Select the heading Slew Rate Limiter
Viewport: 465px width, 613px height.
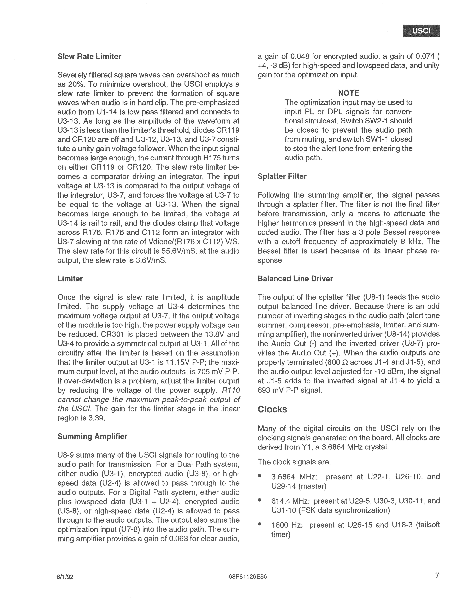(x=89, y=57)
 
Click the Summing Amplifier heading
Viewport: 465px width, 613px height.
(x=92, y=436)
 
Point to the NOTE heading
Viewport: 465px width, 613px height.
(x=348, y=93)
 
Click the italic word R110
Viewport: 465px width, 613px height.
(x=231, y=390)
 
